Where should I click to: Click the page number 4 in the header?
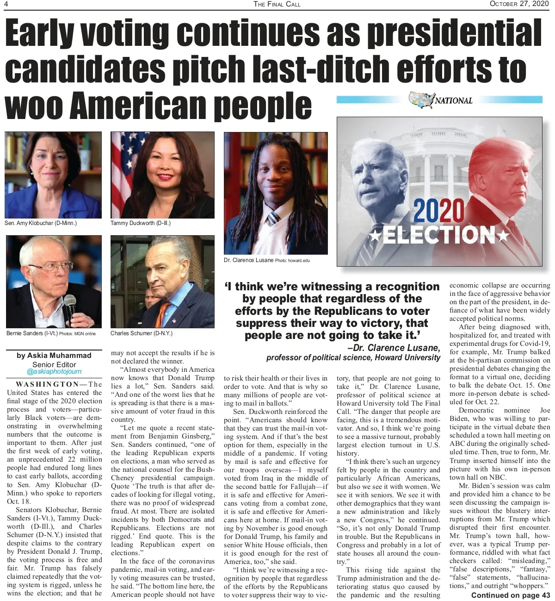(x=7, y=4)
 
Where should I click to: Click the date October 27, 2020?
(x=519, y=4)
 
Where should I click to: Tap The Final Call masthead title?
(x=277, y=4)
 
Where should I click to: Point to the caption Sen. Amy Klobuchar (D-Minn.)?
(x=41, y=223)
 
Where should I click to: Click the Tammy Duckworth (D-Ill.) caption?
(x=141, y=223)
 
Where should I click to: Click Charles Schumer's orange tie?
(x=162, y=315)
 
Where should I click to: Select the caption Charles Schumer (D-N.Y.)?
(x=141, y=333)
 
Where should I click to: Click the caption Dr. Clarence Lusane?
(x=248, y=260)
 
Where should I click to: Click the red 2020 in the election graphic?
(x=438, y=211)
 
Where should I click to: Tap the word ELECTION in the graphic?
(x=438, y=235)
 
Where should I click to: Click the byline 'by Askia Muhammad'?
(x=54, y=356)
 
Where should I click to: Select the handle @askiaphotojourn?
(x=54, y=371)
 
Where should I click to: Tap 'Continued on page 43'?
(x=511, y=595)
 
